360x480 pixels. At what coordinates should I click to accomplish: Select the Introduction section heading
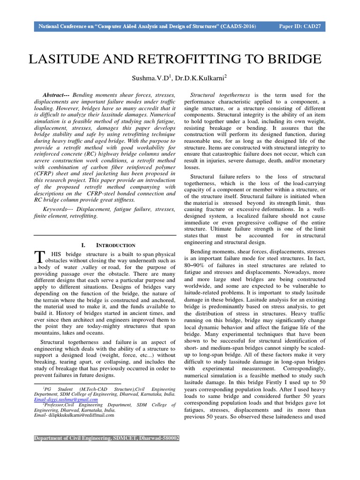click(x=116, y=245)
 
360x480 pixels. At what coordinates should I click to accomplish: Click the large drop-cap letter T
click(x=39, y=256)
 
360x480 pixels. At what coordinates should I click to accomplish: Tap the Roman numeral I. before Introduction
click(x=83, y=245)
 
